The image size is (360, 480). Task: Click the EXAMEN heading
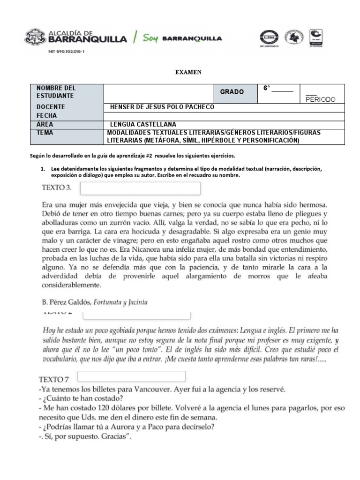(x=188, y=72)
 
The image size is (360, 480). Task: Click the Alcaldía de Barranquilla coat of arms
(x=35, y=38)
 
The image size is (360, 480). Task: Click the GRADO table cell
(x=232, y=92)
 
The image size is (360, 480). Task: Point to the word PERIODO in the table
(x=322, y=99)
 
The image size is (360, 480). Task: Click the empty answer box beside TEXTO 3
(x=141, y=188)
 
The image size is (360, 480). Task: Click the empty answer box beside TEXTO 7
(x=132, y=376)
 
